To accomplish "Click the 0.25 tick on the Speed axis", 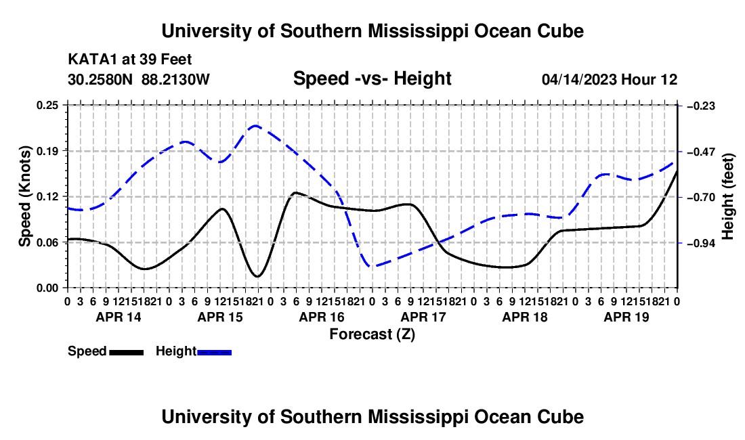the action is (x=47, y=106).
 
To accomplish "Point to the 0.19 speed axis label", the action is (x=47, y=152).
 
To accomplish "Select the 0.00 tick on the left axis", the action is (x=47, y=288).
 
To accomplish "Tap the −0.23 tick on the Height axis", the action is (x=701, y=106).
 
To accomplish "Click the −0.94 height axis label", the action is (x=701, y=243).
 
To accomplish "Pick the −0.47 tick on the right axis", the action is (x=701, y=152).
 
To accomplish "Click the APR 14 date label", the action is (x=119, y=317).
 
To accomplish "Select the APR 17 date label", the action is (x=423, y=317).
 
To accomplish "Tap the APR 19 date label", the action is (x=626, y=317).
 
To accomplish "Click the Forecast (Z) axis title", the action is (x=372, y=334).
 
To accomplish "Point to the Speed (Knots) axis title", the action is (x=24, y=196).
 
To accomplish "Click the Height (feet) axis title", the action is (x=727, y=196).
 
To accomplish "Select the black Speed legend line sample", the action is (x=127, y=353).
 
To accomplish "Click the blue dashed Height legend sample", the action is (x=214, y=353).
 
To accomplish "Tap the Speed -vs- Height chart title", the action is (x=372, y=79).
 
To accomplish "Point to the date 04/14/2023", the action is (x=578, y=79).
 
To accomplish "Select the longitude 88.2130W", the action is (x=175, y=79).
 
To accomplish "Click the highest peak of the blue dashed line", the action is (x=255, y=126).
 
